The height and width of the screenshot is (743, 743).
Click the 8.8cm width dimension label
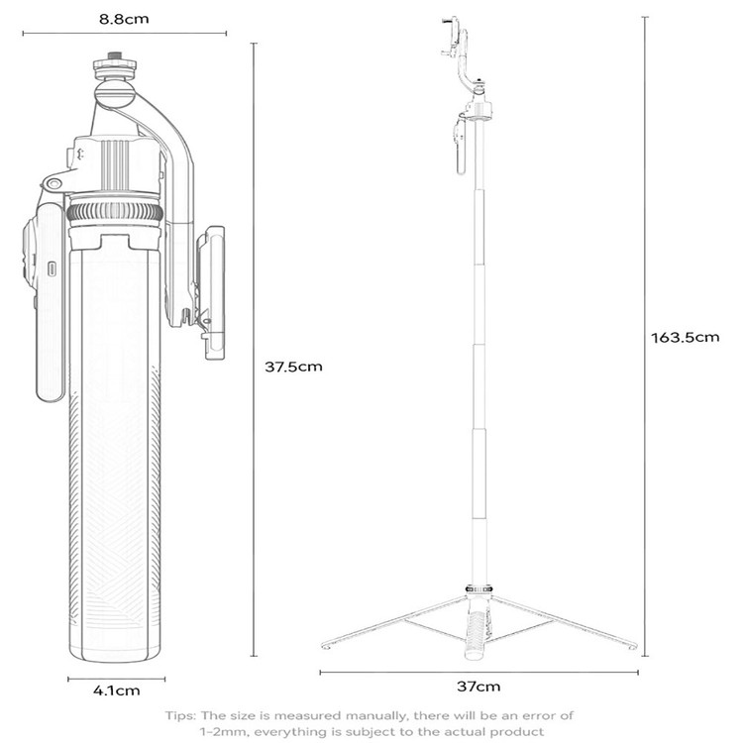point(124,19)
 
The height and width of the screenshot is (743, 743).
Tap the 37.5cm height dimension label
point(293,367)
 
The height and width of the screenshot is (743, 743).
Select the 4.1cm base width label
point(117,690)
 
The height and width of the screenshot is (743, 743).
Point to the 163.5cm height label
point(685,338)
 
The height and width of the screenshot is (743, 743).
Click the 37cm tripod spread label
point(478,687)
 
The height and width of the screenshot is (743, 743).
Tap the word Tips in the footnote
point(180,715)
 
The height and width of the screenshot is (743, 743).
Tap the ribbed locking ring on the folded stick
point(115,211)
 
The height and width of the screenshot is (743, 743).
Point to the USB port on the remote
point(52,268)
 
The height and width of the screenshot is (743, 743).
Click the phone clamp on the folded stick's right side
point(211,292)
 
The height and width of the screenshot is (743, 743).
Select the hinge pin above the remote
point(53,183)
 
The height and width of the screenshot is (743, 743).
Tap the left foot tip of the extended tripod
point(325,646)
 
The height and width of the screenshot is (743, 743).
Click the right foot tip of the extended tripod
point(634,646)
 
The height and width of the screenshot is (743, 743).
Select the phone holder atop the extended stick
point(455,38)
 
